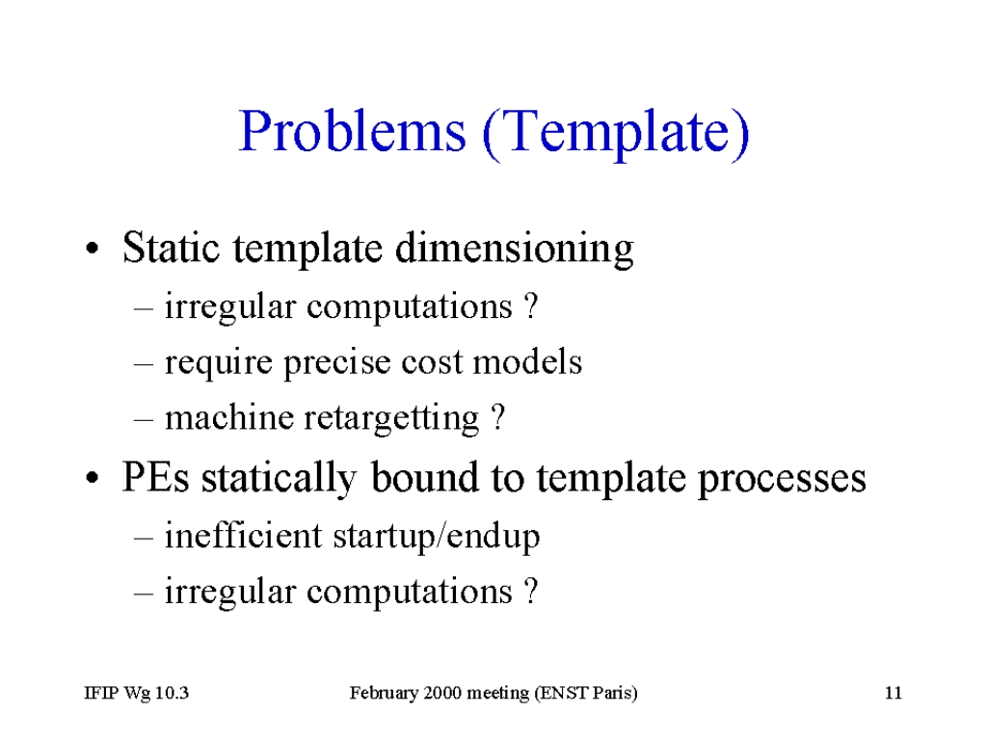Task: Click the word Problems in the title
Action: click(353, 131)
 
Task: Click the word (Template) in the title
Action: click(617, 133)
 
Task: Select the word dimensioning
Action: click(515, 248)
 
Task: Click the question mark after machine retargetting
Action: click(497, 416)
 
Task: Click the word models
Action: click(527, 362)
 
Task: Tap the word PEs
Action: click(155, 477)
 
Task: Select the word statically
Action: click(279, 478)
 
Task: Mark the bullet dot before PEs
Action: click(92, 478)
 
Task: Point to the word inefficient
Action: click(244, 536)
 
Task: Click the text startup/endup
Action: click(437, 537)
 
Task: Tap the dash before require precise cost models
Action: click(145, 363)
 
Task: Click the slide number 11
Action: click(894, 693)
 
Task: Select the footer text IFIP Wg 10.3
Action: click(137, 694)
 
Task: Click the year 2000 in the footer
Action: click(442, 693)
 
